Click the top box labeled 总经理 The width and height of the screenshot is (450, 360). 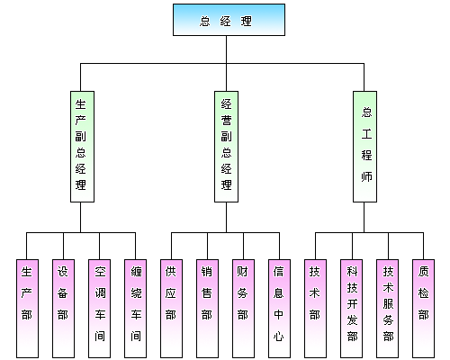[x=229, y=20]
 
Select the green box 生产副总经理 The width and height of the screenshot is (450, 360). [x=81, y=146]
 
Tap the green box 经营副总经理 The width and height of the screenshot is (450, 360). [x=226, y=146]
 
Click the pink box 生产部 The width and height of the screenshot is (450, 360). [x=27, y=303]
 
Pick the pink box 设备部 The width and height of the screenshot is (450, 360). [x=63, y=303]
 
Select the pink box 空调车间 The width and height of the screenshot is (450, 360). [x=99, y=303]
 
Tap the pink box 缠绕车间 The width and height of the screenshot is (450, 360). [x=136, y=303]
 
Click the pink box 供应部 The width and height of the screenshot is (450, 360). [x=171, y=303]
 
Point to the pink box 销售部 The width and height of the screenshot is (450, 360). [x=207, y=303]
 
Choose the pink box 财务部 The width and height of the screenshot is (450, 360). [x=243, y=303]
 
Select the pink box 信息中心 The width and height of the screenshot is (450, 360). [x=279, y=303]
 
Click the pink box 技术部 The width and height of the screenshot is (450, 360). [x=314, y=303]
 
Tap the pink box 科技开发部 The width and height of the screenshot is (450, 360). [x=351, y=303]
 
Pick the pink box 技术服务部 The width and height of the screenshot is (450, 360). [x=388, y=303]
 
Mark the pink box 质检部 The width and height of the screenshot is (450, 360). [x=423, y=303]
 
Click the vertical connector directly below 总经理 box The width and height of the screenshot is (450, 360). [x=229, y=49]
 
